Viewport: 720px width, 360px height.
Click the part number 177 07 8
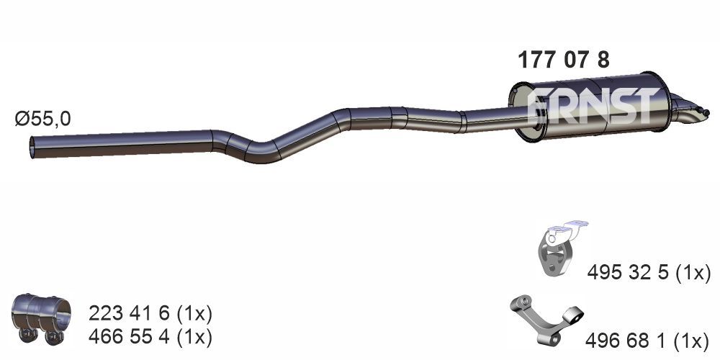[564, 60]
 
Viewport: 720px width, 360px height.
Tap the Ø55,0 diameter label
[42, 119]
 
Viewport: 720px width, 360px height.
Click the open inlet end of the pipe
[32, 147]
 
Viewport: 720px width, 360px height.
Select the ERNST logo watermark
[592, 106]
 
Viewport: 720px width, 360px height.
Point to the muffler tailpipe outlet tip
[706, 112]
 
